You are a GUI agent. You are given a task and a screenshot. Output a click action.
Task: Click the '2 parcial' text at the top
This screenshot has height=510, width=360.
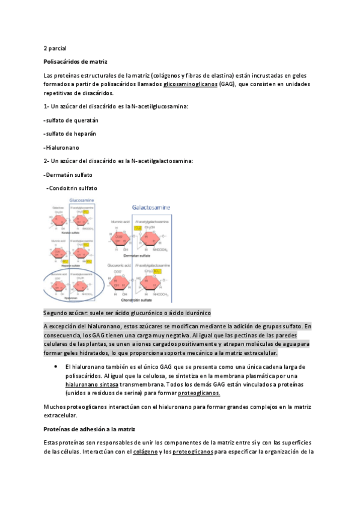pyautogui.click(x=55, y=48)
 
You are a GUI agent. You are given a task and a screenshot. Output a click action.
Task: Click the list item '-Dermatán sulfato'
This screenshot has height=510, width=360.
pyautogui.click(x=69, y=175)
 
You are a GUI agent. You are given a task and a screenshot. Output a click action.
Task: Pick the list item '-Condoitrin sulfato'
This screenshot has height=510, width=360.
pyautogui.click(x=72, y=188)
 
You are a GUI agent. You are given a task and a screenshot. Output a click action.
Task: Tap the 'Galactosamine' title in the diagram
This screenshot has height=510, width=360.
pyautogui.click(x=151, y=207)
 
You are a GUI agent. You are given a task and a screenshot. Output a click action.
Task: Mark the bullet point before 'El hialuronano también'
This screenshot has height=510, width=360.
pyautogui.click(x=55, y=366)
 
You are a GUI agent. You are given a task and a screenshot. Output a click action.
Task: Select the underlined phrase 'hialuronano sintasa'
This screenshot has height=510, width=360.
pyautogui.click(x=91, y=384)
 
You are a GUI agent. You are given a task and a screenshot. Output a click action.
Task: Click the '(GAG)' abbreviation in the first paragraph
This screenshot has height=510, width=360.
pyautogui.click(x=227, y=85)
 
